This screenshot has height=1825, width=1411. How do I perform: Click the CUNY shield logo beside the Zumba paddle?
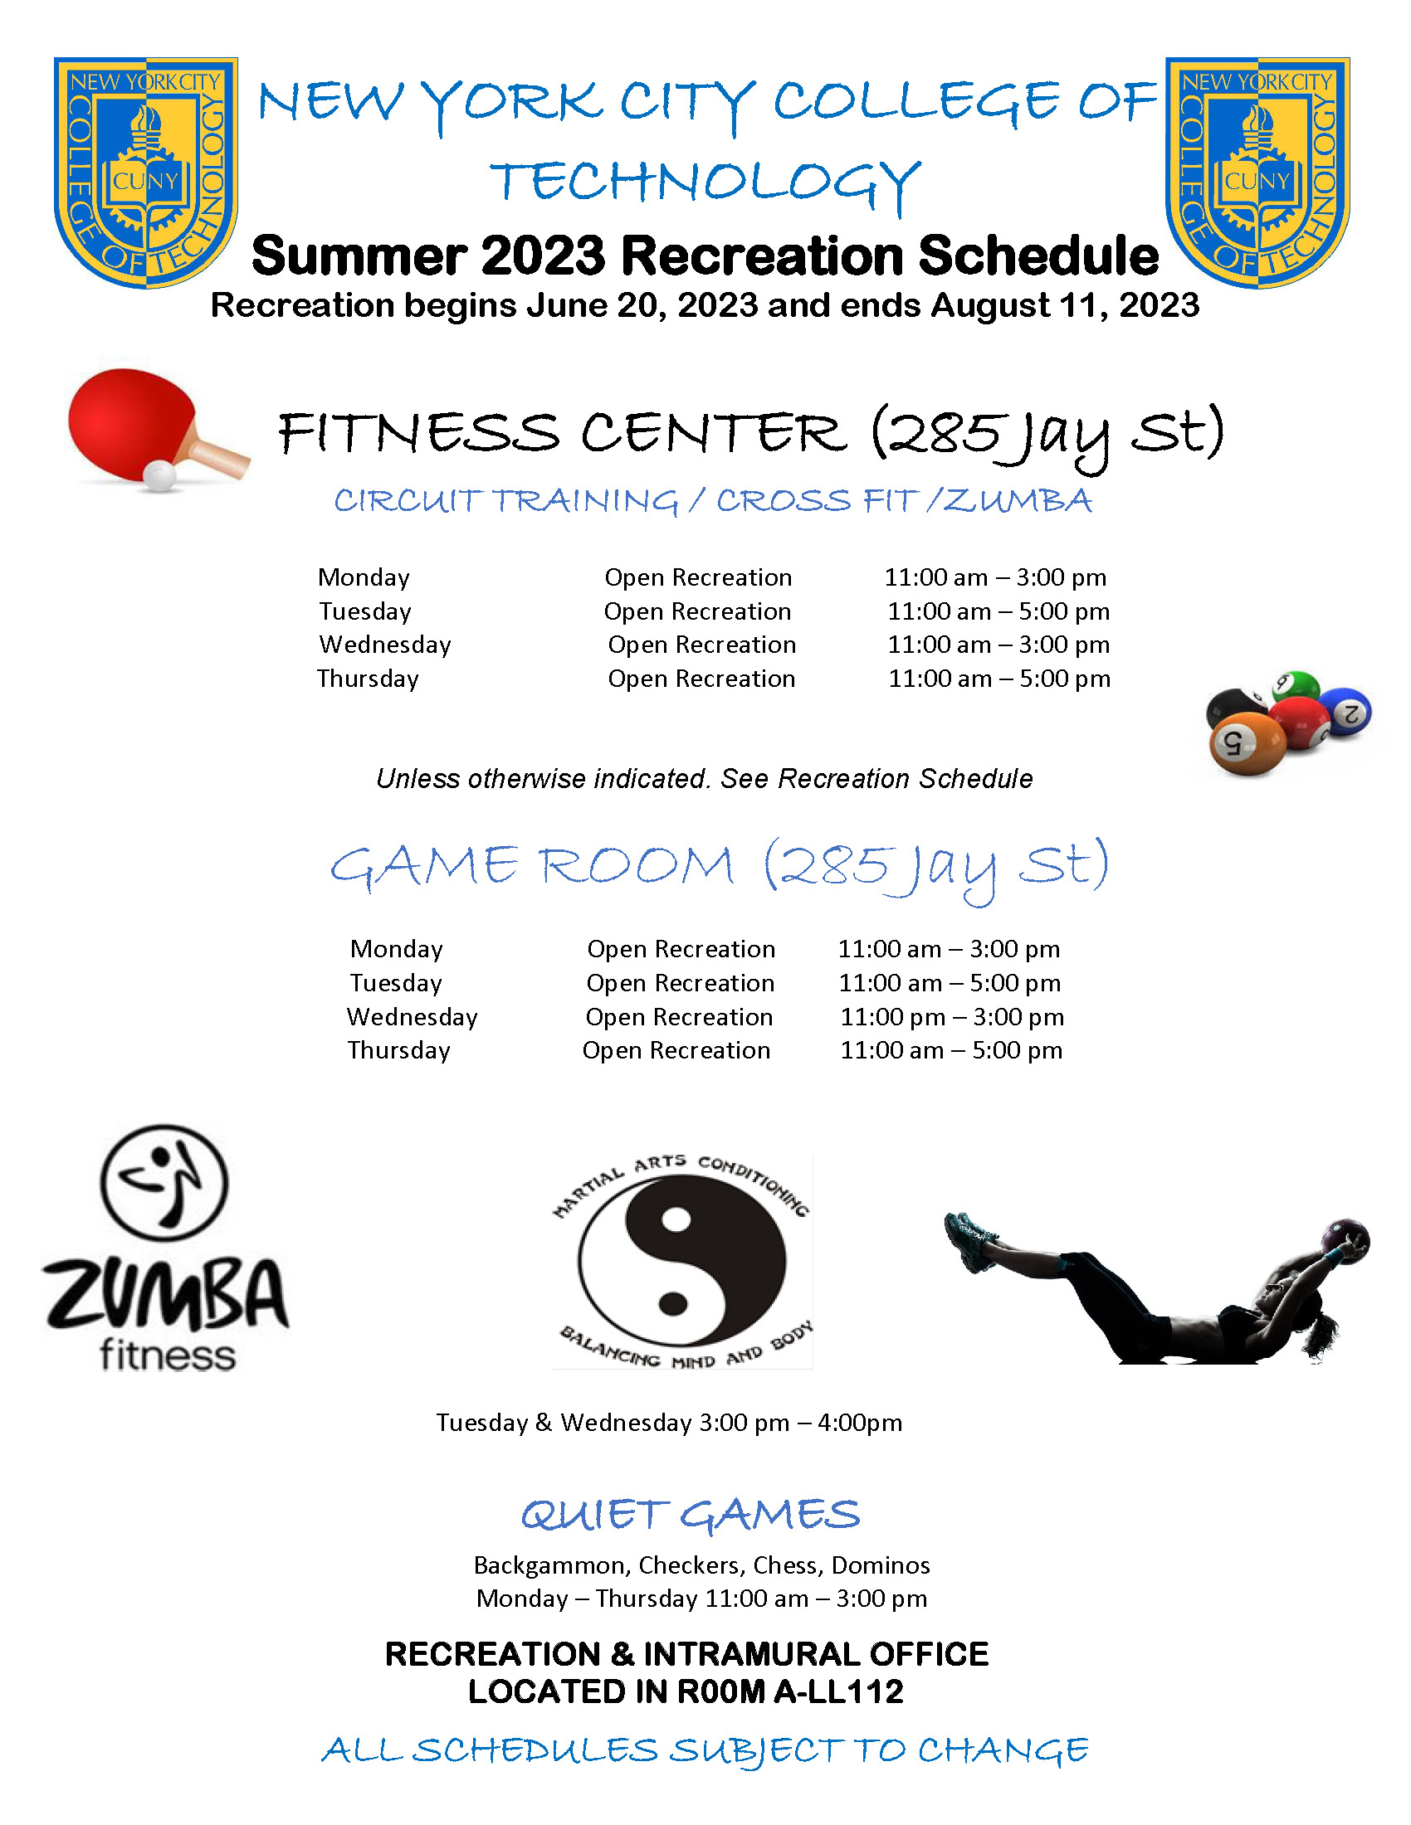point(146,172)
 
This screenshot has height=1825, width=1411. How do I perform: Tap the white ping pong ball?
point(159,475)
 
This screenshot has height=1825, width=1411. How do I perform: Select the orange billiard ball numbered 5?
point(1247,742)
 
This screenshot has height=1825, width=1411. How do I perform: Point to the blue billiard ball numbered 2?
point(1345,711)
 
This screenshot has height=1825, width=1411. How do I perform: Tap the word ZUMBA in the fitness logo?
point(166,1294)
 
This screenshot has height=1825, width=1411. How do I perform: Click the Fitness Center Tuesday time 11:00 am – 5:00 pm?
point(998,611)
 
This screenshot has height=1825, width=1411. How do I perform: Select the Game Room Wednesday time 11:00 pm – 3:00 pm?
point(951,1017)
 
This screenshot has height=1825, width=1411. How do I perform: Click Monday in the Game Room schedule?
point(396,949)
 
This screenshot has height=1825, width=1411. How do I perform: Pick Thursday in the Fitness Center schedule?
point(368,679)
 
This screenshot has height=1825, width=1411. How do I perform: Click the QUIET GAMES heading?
point(691,1515)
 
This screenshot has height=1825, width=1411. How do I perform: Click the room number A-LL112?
point(838,1691)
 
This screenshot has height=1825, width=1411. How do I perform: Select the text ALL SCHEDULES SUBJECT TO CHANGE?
point(705,1750)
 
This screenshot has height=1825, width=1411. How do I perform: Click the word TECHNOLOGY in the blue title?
point(705,182)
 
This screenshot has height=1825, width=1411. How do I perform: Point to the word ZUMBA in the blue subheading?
point(1018,501)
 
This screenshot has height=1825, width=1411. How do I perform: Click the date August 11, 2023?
point(1065,306)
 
